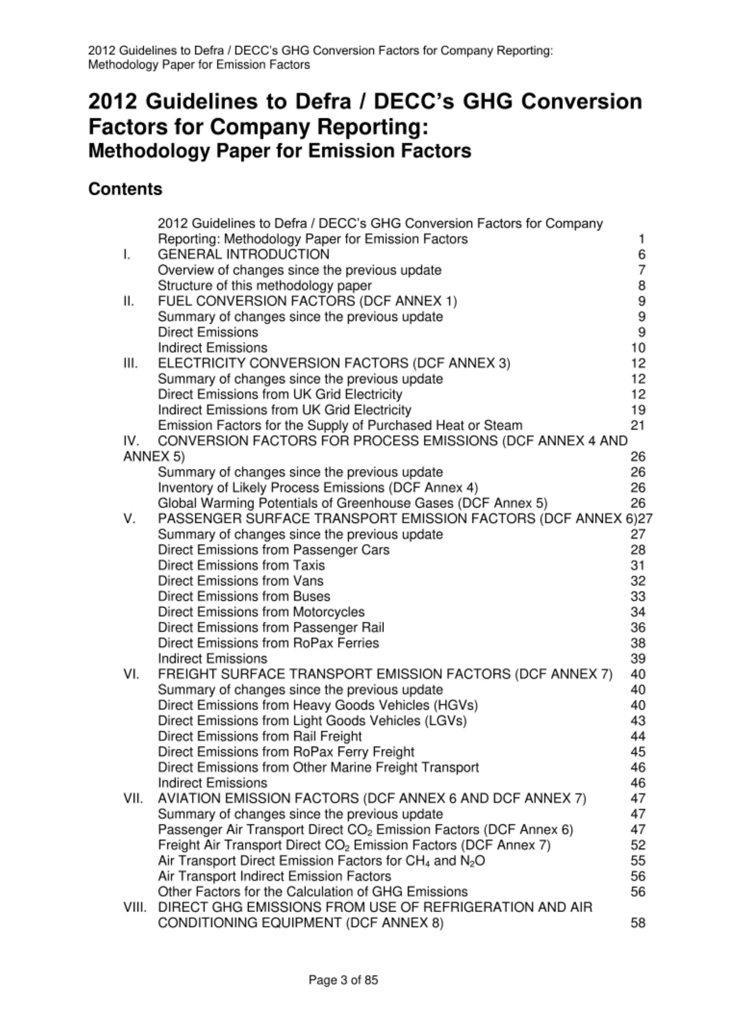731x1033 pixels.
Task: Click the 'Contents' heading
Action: [125, 189]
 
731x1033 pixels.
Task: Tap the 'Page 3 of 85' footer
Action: [343, 980]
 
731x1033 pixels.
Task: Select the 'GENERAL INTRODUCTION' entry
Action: [243, 254]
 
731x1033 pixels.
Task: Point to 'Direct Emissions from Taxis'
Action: [241, 566]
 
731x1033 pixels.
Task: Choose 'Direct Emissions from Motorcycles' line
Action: [261, 612]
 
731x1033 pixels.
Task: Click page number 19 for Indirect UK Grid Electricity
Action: [638, 410]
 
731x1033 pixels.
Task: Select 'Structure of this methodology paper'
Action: [265, 286]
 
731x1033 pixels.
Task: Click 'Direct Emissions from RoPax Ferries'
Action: [268, 643]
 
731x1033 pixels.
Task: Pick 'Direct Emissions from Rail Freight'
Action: [260, 736]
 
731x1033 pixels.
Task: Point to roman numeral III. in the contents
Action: [131, 363]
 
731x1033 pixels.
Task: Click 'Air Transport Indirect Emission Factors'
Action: [275, 876]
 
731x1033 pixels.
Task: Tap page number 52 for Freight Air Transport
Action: [638, 845]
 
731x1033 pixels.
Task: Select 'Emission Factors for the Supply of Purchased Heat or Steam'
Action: [340, 425]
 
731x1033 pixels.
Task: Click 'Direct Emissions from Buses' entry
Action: [244, 596]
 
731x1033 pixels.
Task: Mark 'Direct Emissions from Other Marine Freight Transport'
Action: [318, 767]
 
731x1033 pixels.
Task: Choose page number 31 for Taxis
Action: [638, 566]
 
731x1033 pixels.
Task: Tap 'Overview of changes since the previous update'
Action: [299, 270]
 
